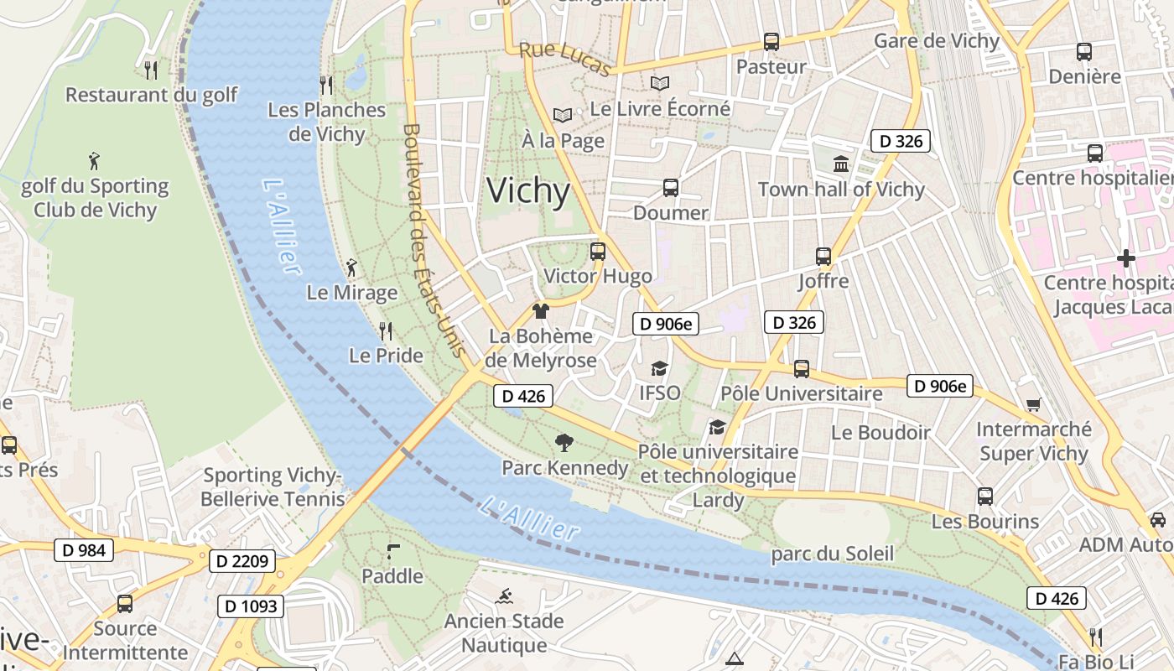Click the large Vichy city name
(528, 191)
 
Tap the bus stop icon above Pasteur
(771, 41)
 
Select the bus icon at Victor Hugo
(598, 251)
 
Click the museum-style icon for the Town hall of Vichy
(841, 164)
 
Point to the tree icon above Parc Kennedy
(564, 442)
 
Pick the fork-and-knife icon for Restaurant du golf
(151, 70)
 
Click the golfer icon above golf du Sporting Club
(94, 160)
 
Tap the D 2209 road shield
(242, 561)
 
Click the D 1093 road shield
(251, 606)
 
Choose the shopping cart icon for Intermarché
(1034, 404)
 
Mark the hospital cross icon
(1125, 258)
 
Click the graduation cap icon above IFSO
(660, 368)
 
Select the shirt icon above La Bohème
(541, 311)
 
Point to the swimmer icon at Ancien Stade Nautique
(504, 597)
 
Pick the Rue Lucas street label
(564, 59)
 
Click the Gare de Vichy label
(937, 41)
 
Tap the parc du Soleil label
(832, 554)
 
